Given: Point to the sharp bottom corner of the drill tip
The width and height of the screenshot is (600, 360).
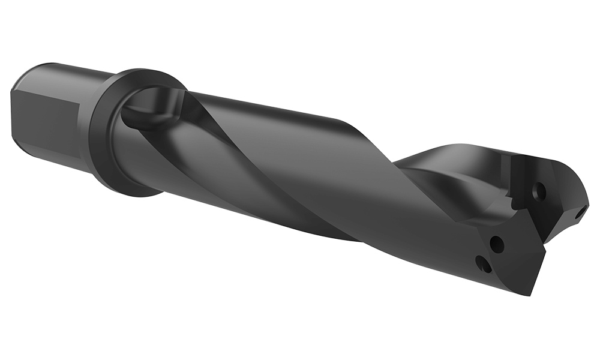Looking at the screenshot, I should point(530,293).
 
